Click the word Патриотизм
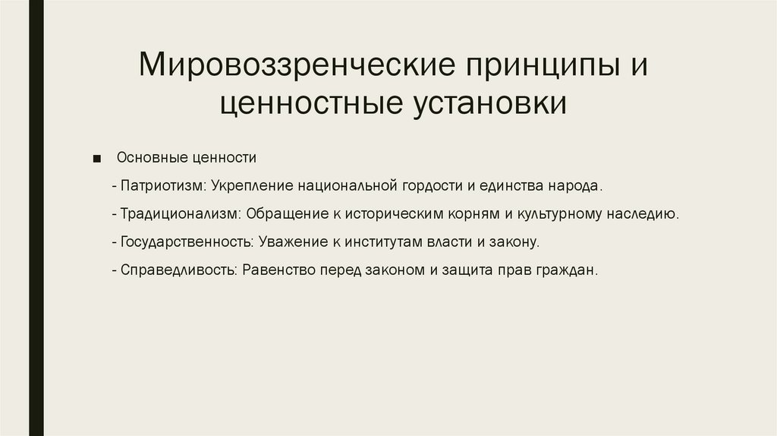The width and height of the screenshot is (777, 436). point(162,186)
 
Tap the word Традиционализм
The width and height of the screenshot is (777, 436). point(181,214)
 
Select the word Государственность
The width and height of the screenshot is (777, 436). point(186,242)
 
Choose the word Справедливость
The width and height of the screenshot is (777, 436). point(179,270)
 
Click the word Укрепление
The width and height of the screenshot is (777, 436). point(253,186)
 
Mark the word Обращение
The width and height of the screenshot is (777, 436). point(286,214)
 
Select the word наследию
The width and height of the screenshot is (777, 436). point(642,214)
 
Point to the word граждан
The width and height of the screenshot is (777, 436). point(570,270)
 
